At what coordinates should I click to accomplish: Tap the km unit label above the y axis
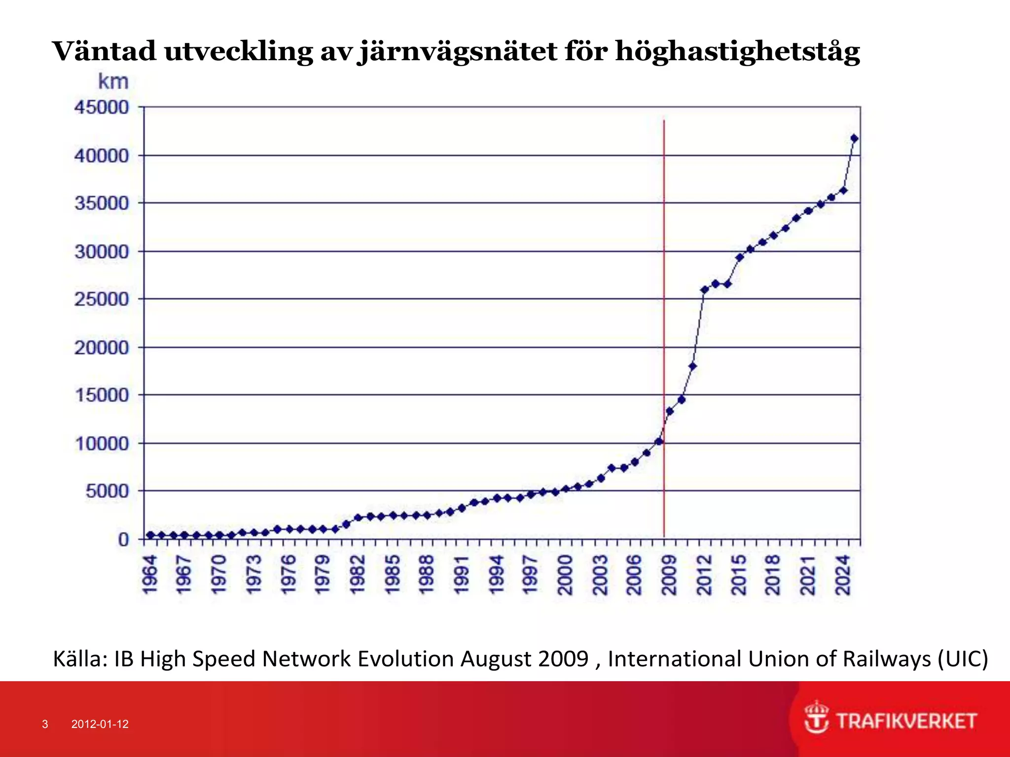tap(113, 82)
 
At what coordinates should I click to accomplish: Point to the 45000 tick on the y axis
tap(102, 107)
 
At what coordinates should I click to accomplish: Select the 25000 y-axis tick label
tap(102, 299)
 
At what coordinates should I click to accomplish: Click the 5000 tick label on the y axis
tap(107, 491)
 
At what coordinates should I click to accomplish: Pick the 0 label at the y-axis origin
tap(123, 540)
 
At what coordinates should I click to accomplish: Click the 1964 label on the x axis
tap(149, 575)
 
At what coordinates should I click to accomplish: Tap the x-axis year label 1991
tap(461, 575)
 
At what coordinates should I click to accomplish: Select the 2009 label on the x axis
tap(669, 575)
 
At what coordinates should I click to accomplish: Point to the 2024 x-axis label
tap(843, 575)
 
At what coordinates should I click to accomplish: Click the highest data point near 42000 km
tap(855, 138)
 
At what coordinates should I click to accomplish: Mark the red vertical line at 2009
tap(664, 296)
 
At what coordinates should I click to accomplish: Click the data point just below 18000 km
tap(692, 366)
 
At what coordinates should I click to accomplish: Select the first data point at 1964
tap(150, 535)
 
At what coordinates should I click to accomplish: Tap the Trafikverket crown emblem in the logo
tap(816, 718)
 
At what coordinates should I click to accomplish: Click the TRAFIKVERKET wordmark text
tap(906, 721)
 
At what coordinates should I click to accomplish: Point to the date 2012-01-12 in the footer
tap(100, 724)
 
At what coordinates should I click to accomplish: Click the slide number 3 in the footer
tap(45, 724)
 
